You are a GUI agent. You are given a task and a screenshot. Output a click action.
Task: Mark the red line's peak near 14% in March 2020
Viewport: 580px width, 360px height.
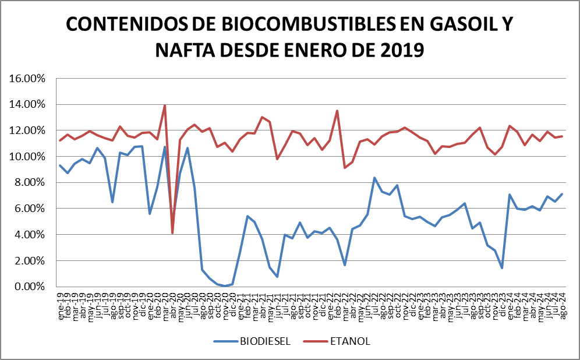tap(165, 105)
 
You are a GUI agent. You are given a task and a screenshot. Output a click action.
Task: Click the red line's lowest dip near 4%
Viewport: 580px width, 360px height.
tap(172, 233)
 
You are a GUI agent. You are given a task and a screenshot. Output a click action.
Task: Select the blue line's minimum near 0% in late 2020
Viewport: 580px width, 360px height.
tap(225, 286)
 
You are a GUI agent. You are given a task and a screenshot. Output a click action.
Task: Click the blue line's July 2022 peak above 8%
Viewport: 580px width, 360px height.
tap(374, 178)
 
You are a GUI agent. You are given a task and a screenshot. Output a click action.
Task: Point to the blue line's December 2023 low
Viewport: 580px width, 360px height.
tap(502, 268)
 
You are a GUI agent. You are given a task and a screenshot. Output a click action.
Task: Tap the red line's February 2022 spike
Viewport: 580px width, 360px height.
tap(337, 111)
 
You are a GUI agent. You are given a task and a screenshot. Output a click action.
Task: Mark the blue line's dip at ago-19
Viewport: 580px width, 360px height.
tap(112, 202)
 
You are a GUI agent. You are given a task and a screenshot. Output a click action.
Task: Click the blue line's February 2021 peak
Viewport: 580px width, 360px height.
tap(247, 216)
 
